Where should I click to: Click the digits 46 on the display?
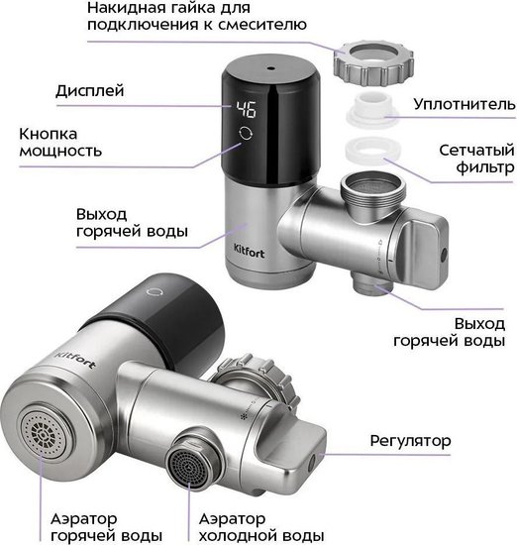point(247,109)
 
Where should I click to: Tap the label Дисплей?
point(90,91)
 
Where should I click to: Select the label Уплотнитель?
point(465,104)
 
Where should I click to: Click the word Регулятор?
point(410,441)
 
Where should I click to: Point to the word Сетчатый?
point(476,151)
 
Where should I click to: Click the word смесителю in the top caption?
point(262,25)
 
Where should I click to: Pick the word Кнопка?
point(48,134)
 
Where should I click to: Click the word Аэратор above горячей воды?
point(84,519)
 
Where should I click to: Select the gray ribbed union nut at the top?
point(373,62)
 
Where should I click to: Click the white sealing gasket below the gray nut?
point(371,107)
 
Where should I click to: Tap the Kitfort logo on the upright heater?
point(249,251)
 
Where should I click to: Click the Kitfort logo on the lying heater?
point(75,359)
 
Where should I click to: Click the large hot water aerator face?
point(44,434)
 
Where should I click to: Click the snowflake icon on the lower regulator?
point(243,416)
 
